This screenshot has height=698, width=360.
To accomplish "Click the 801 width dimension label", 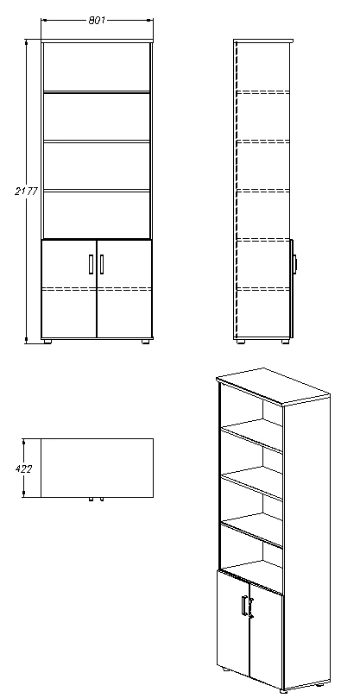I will [x=97, y=19].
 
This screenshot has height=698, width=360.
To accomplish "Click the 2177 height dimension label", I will [x=25, y=191].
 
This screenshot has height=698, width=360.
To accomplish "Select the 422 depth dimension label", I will [x=25, y=468].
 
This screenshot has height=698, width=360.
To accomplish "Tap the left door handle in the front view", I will [x=92, y=264].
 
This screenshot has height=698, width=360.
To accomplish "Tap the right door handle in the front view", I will [x=102, y=264].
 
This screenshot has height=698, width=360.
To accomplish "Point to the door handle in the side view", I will [x=294, y=263].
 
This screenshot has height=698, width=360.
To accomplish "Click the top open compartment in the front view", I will [x=97, y=67].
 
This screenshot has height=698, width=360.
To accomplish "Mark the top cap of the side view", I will [x=263, y=41].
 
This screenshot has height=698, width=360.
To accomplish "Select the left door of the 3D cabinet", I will [x=233, y=621].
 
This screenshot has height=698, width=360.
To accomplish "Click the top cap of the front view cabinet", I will [x=97, y=41].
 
